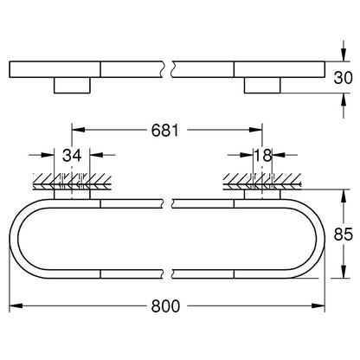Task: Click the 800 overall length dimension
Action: pos(165,305)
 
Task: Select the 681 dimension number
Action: pos(165,130)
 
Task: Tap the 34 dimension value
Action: pos(72,155)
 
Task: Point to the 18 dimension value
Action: pos(263,155)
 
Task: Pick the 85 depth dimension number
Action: pos(344,234)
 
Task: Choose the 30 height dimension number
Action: pos(343,78)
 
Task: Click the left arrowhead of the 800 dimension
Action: pos(16,305)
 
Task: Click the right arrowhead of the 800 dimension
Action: pos(318,305)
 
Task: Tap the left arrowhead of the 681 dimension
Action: pos(79,130)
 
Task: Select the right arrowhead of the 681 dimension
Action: pos(255,130)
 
